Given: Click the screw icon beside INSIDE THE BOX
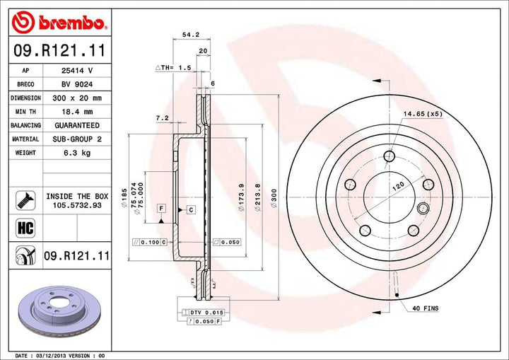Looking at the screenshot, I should (x=21, y=200).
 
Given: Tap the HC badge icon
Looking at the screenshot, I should (x=21, y=228).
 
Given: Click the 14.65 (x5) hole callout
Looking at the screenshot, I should (x=422, y=113).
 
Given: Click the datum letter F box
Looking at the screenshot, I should (x=162, y=208).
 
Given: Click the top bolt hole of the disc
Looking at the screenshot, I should (x=387, y=157).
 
